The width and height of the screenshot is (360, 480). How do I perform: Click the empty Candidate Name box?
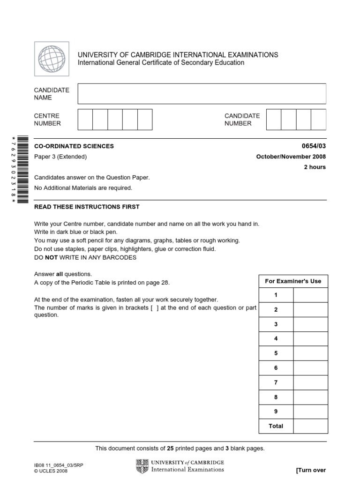202,93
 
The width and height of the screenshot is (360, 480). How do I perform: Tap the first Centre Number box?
85,119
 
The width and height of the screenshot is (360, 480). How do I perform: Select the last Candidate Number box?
318,119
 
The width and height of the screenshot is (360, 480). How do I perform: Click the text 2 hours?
315,167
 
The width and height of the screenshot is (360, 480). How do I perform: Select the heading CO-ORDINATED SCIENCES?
74,146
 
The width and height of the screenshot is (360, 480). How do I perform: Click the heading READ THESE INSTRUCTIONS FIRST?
87,207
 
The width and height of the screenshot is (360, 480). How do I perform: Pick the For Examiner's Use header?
293,281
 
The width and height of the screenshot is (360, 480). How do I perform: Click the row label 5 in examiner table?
276,353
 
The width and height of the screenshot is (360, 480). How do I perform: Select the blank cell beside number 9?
310,412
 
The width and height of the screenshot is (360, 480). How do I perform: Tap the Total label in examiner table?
276,426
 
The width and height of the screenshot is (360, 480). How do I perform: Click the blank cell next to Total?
310,426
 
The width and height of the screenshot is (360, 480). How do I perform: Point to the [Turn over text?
311,470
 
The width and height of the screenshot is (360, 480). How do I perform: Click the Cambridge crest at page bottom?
142,466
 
